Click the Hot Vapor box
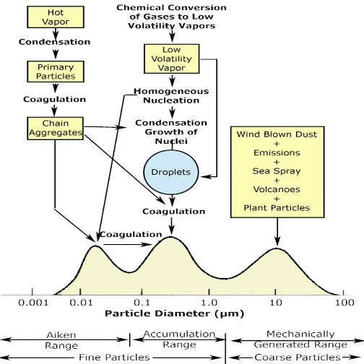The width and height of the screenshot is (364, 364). [56, 17]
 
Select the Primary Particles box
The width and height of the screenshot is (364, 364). [56, 71]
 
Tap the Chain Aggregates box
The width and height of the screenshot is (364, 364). [56, 129]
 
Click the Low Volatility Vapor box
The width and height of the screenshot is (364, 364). [172, 58]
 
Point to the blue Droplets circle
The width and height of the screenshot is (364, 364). [171, 172]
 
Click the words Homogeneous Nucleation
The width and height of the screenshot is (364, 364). [171, 96]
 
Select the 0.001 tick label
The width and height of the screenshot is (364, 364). [33, 303]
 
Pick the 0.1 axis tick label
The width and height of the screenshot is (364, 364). [142, 303]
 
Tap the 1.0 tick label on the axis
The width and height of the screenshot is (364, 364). [209, 303]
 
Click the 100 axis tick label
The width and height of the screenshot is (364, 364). [344, 303]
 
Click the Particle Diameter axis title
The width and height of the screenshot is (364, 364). [175, 313]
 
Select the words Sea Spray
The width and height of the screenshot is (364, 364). [277, 171]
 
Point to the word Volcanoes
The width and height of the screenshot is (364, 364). [277, 189]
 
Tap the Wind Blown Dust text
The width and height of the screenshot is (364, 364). [277, 134]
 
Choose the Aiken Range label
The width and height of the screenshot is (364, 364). [61, 340]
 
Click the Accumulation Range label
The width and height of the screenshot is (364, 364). [179, 339]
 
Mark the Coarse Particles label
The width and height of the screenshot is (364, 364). [298, 357]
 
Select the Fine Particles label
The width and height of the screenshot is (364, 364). [114, 357]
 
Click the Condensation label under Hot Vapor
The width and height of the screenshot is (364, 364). [55, 42]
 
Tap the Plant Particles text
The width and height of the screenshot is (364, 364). [277, 208]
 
